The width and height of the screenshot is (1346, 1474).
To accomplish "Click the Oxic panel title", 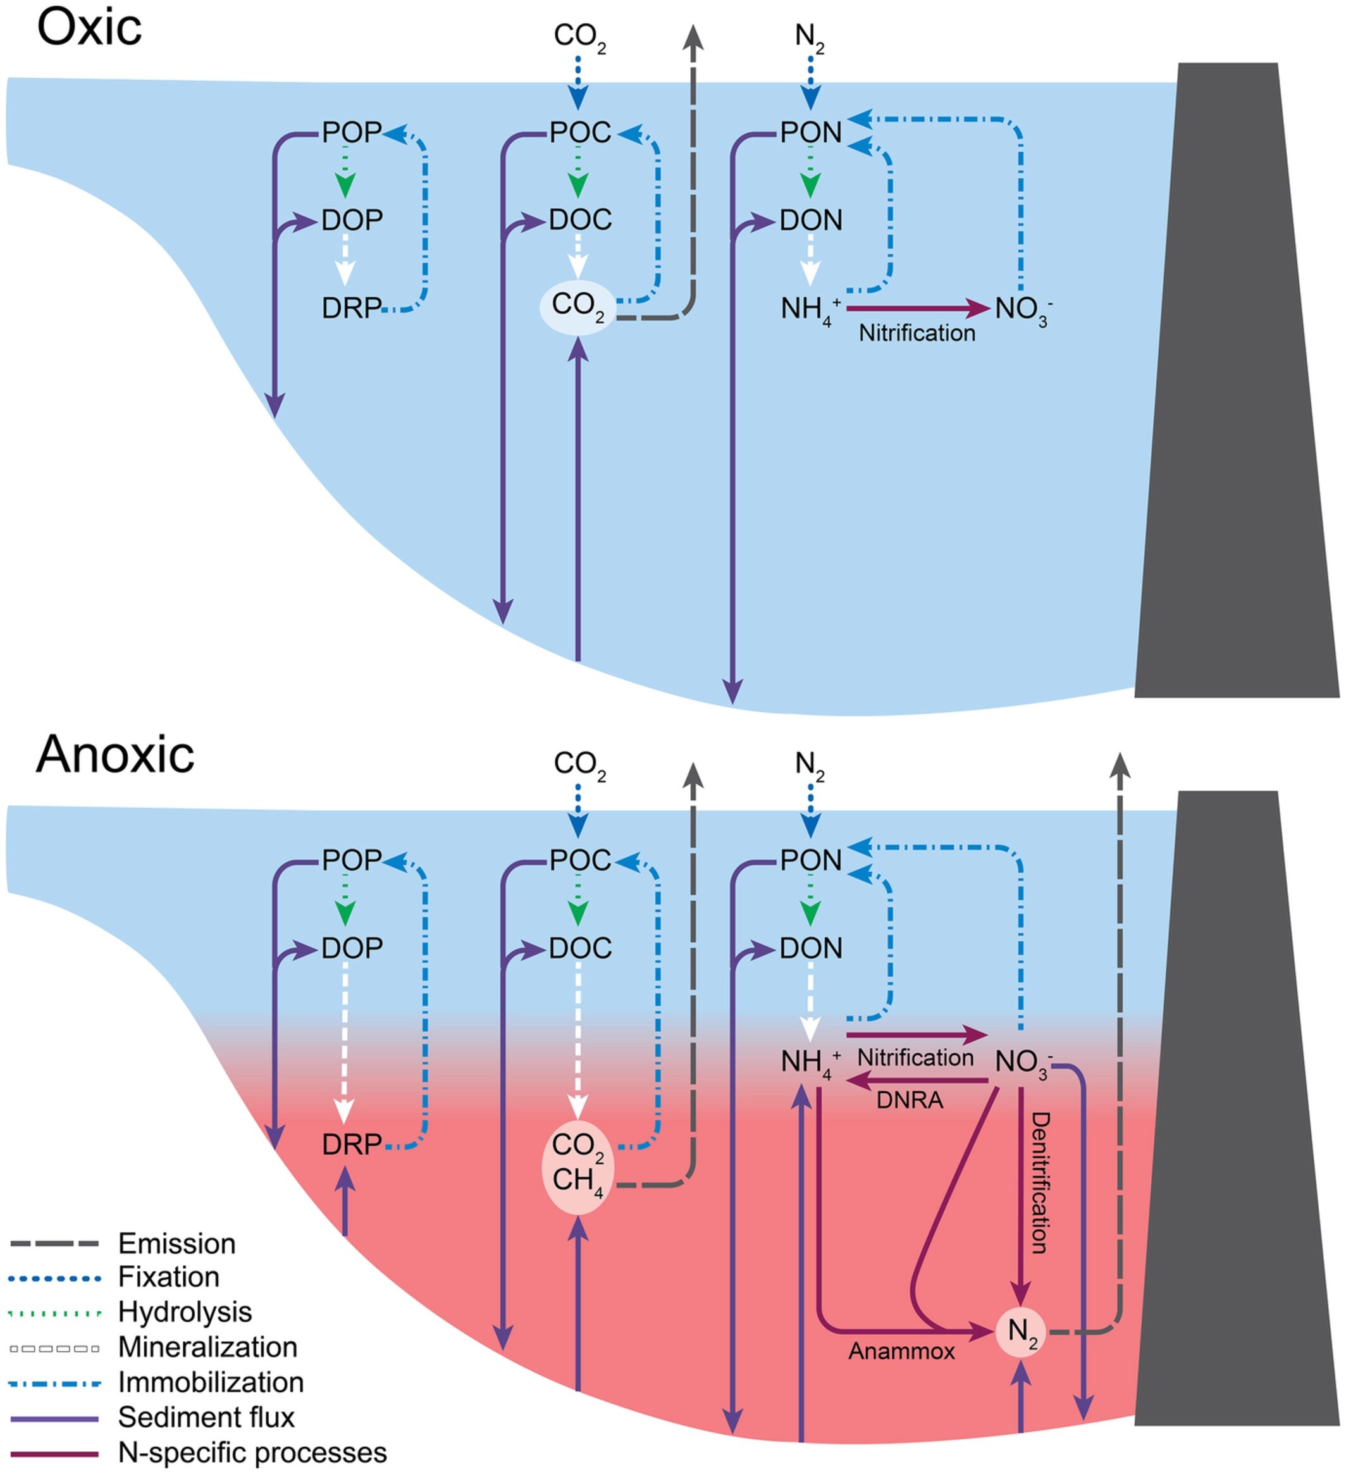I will pos(89,29).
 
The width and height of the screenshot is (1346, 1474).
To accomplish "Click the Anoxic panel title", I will pos(114,754).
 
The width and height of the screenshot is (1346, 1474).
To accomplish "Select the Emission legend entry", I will pos(176,1244).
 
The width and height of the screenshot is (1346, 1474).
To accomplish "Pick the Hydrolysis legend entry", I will pos(184,1311).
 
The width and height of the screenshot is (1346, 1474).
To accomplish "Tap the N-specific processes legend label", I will pos(252,1452).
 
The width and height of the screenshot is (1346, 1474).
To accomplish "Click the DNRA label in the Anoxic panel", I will pos(910,1099).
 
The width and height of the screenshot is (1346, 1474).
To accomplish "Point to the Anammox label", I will pos(901,1351).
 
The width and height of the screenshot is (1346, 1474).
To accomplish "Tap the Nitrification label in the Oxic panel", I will pos(916,333).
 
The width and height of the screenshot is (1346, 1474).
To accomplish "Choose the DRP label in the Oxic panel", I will pos(352,309).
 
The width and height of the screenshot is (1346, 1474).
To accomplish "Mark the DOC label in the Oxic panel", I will pos(580,220).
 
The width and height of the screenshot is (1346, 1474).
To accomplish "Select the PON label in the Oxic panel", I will pos(811,132).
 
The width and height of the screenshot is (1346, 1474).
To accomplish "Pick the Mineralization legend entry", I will pos(207,1347).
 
